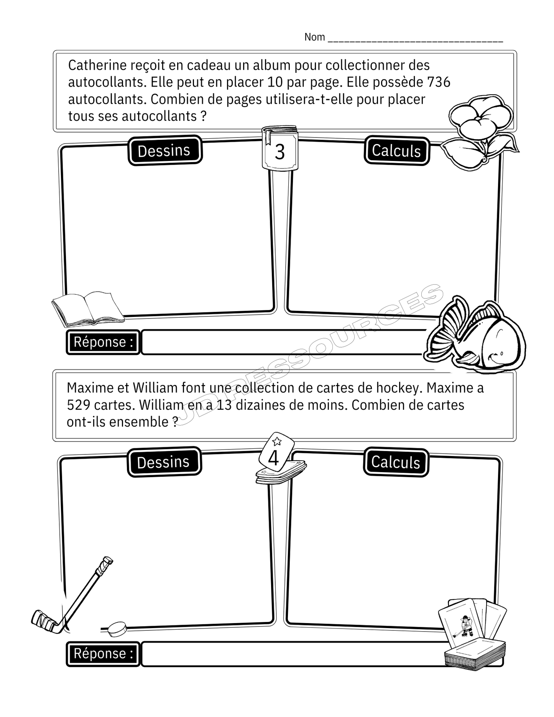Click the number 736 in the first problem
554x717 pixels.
[x=439, y=82]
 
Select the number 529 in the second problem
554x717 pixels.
[x=78, y=405]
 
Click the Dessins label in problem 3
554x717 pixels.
[x=164, y=151]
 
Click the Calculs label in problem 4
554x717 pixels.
[x=396, y=462]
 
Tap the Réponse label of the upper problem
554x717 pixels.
[x=103, y=342]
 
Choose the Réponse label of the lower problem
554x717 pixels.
[x=103, y=654]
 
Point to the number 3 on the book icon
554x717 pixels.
[x=280, y=152]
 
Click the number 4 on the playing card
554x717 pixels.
[x=273, y=458]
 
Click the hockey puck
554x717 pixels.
[x=117, y=629]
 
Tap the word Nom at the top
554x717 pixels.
[x=314, y=37]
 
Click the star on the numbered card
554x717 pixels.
[x=277, y=441]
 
